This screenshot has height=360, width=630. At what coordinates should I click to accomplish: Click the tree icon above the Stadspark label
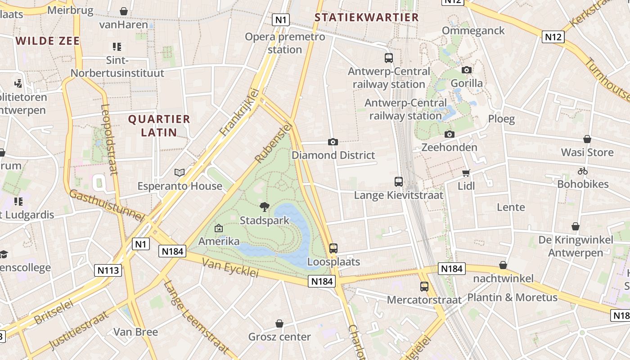pos(265,207)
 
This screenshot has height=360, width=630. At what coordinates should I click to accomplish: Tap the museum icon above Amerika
pos(219,228)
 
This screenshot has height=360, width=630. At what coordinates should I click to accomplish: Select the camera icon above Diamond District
pos(333,142)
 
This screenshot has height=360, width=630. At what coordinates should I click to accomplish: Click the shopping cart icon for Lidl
pos(466,173)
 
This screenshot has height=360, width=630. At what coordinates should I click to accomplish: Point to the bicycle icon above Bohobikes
pos(583,171)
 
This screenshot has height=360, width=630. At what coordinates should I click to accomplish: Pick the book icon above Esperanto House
pos(180,172)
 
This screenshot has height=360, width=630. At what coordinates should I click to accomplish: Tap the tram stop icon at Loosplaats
pos(333,248)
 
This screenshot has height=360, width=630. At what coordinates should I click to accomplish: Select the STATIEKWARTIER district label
pos(366,18)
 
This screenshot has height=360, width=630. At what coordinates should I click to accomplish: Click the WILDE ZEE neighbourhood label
pos(48,41)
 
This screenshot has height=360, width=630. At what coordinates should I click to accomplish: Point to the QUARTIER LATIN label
pos(159,126)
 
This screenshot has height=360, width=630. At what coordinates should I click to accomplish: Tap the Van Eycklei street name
pos(230,268)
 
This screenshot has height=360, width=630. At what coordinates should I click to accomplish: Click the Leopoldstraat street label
pos(109,139)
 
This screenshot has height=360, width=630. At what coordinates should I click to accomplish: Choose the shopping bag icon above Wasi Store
pos(587,139)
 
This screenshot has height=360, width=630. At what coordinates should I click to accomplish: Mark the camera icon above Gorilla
pos(467,70)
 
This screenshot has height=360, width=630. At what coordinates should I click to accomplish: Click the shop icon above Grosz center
pos(279,324)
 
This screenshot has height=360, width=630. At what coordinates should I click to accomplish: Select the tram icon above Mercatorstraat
pos(424,286)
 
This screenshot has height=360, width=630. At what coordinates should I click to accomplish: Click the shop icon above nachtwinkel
pos(503,265)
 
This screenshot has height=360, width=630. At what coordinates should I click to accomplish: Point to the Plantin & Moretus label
pos(512,297)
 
